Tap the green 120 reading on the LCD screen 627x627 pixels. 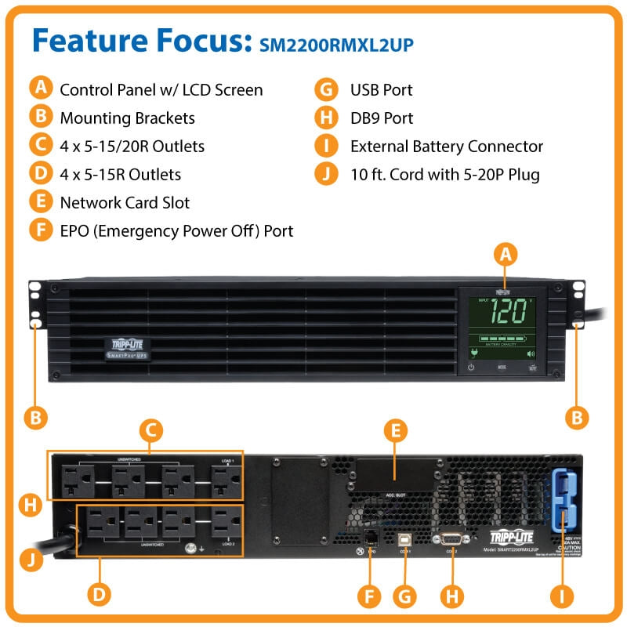coord(508,310)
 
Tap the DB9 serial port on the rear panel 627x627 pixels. coord(451,539)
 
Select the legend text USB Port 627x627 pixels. coord(381,90)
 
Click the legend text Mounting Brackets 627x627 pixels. coord(127,118)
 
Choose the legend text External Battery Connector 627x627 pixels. coord(446,147)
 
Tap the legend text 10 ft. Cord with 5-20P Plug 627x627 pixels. coord(444,175)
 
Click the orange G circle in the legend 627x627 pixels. coord(325,90)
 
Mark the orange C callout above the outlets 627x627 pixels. coord(150,429)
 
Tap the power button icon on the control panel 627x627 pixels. coord(471,366)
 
